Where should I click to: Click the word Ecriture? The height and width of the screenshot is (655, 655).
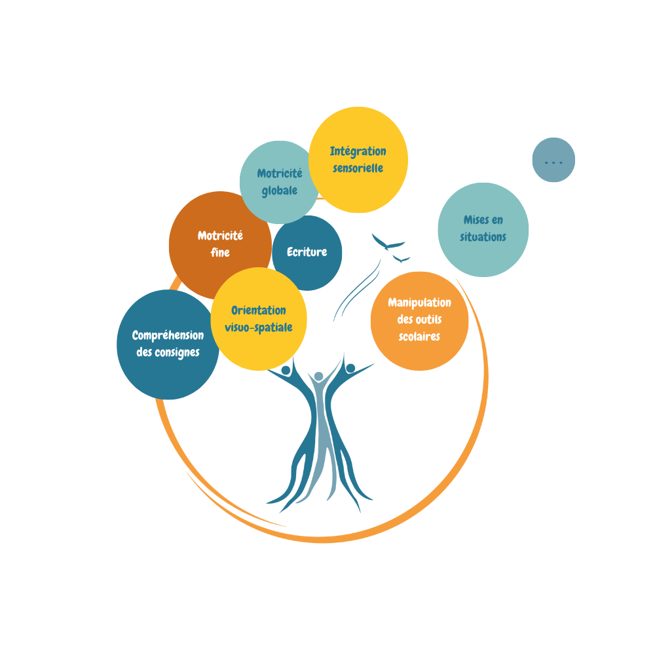(x=307, y=252)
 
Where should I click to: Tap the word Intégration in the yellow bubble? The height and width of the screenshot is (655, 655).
(x=358, y=151)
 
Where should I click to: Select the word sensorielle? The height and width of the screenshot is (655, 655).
(x=358, y=168)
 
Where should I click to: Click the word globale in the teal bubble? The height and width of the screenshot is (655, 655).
(x=280, y=191)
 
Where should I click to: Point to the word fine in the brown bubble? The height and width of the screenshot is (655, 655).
(x=220, y=252)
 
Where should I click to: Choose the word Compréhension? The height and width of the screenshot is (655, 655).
(x=168, y=335)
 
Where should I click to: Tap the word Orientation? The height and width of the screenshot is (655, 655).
(x=259, y=310)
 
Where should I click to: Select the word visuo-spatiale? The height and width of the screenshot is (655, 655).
(x=259, y=327)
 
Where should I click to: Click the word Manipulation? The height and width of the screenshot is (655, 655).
(x=419, y=303)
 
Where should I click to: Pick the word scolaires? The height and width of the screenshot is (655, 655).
(x=419, y=337)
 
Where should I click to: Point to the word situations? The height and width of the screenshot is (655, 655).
(x=483, y=237)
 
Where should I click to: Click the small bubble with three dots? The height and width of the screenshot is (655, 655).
(x=553, y=160)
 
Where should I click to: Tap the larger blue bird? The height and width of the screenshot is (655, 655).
(x=388, y=243)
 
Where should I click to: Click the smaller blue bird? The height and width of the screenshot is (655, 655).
(x=401, y=259)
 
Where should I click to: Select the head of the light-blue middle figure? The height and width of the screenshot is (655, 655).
(x=318, y=377)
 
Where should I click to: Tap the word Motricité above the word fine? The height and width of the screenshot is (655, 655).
(x=220, y=236)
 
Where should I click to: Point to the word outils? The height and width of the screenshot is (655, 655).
(x=428, y=320)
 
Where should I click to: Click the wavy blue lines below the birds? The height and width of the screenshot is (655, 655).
(x=357, y=288)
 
